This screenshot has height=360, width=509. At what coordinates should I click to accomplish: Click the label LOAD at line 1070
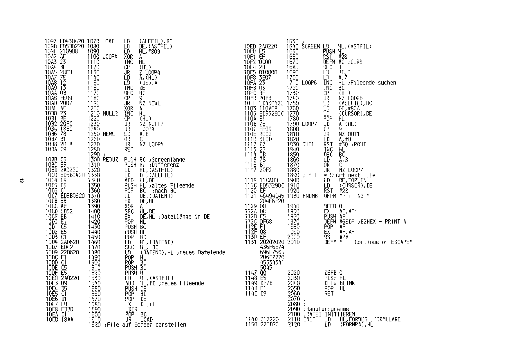pos(109,42)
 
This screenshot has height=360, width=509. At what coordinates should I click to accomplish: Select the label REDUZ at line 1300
pos(111,160)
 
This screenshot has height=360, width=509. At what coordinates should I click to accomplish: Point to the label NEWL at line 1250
pos(109,134)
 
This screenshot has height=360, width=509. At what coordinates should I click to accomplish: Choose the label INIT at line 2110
pos(309,319)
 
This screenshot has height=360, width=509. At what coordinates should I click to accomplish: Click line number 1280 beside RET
pos(93,150)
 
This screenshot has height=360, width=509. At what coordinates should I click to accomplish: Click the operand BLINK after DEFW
pos(347,283)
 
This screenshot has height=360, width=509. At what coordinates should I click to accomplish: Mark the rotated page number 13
pos(21,181)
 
